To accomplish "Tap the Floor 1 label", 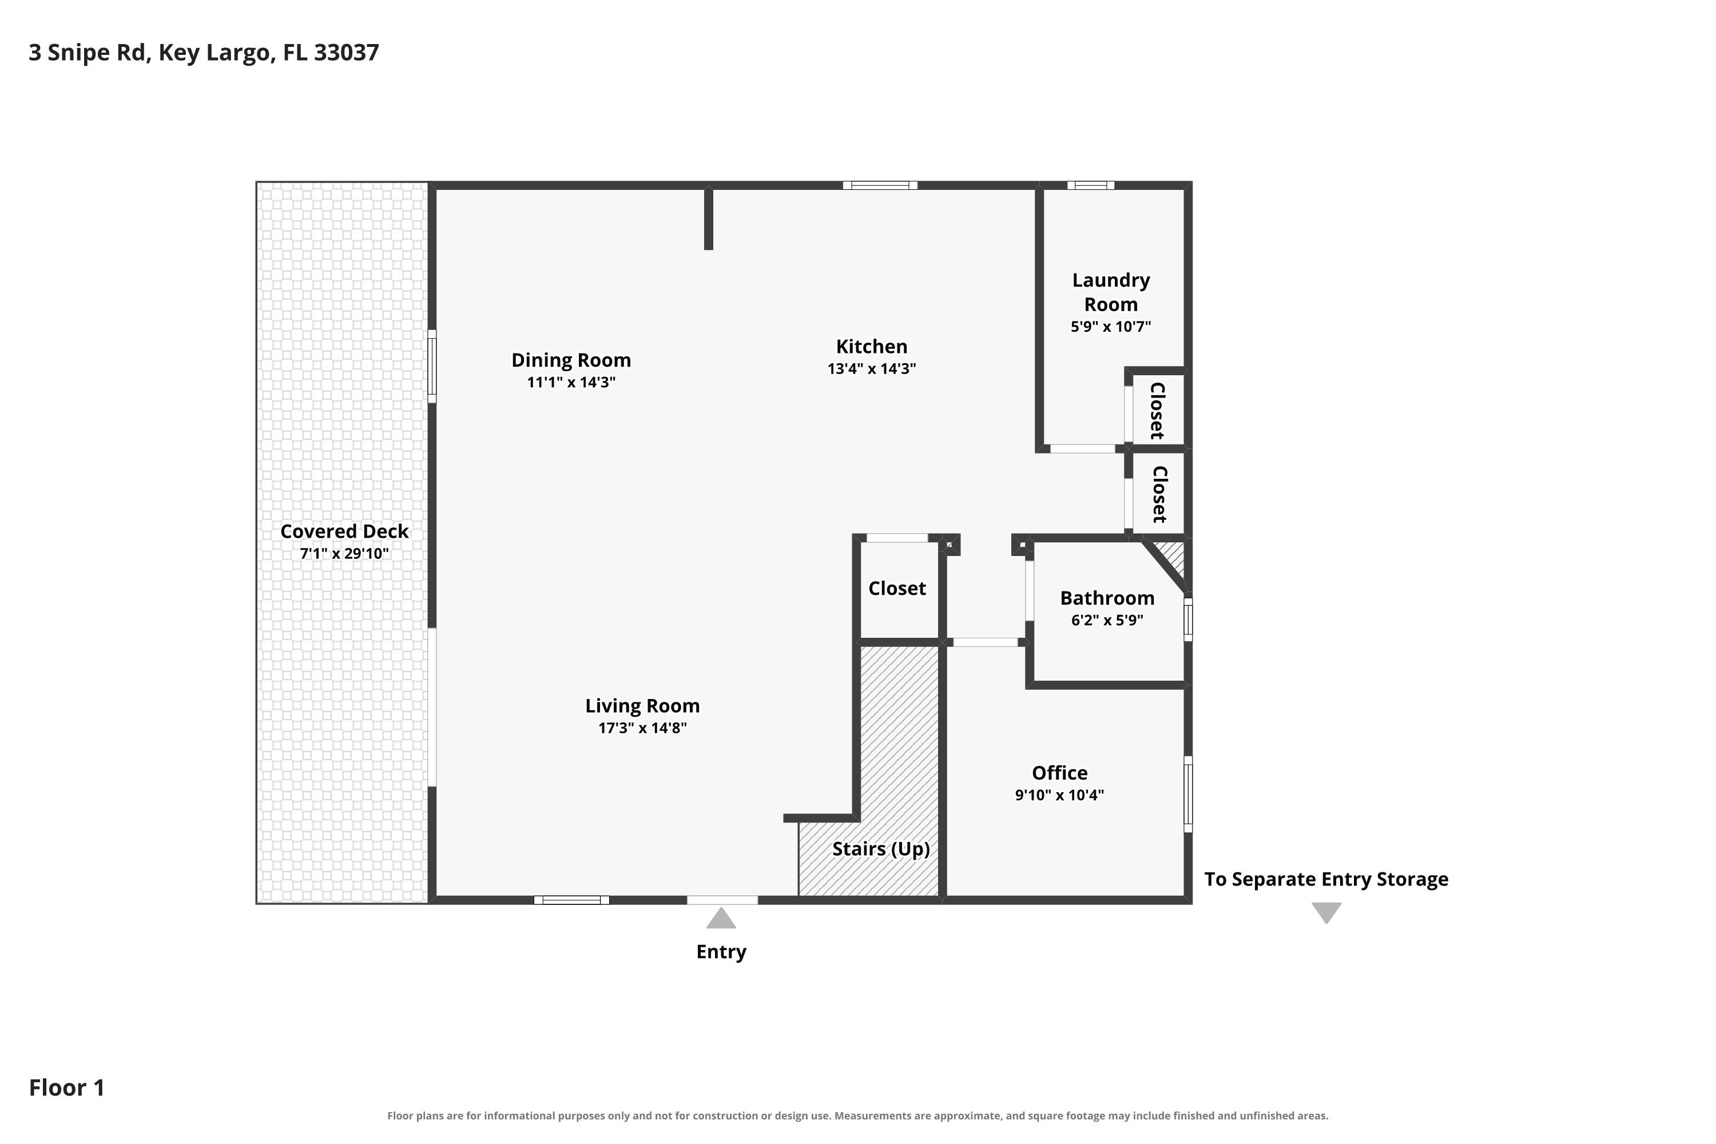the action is (66, 1087).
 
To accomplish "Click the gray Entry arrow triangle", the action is (721, 918).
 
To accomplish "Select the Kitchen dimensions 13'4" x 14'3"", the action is (871, 368).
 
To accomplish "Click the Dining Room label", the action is (571, 360).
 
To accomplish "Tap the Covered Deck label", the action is (344, 531).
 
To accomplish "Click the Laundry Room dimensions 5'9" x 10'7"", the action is (1110, 326).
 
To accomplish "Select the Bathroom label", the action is (1107, 598).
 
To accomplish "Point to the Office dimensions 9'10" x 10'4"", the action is (1059, 795).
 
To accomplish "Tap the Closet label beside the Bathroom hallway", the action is (897, 588).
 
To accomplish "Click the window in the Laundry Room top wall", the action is (1091, 185).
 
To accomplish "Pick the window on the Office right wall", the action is (1188, 794).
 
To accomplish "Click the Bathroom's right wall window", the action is (1188, 619).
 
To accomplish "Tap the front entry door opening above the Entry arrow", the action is (722, 900).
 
